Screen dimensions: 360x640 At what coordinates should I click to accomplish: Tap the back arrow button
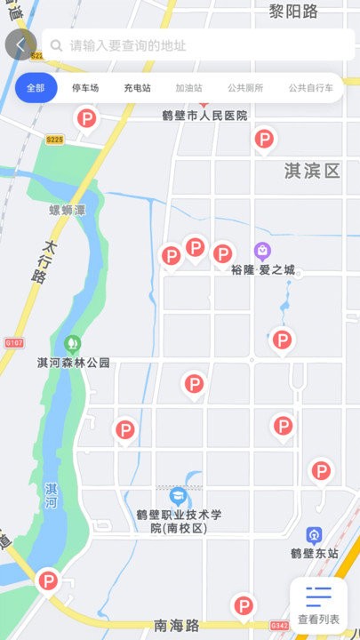(20, 44)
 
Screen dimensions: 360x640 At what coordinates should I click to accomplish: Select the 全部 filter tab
(36, 88)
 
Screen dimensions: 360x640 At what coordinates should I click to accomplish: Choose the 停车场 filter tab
(85, 88)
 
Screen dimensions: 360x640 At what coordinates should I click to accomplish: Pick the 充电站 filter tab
(137, 88)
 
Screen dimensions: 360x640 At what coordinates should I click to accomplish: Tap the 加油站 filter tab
(188, 88)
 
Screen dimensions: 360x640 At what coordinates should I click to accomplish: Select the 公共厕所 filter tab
(245, 88)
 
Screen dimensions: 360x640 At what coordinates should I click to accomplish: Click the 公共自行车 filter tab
(310, 88)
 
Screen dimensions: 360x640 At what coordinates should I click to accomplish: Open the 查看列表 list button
(318, 605)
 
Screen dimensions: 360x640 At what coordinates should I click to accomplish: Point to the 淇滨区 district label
(312, 171)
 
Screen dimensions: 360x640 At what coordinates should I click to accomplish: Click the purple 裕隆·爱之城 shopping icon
(263, 251)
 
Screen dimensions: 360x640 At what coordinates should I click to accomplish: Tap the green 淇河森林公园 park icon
(73, 343)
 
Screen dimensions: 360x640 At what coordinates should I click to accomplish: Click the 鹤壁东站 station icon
(314, 535)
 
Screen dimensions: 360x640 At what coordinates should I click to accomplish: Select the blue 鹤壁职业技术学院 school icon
(178, 495)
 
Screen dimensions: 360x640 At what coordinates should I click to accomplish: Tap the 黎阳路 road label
(293, 11)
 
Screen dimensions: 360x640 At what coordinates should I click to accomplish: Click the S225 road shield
(55, 140)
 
